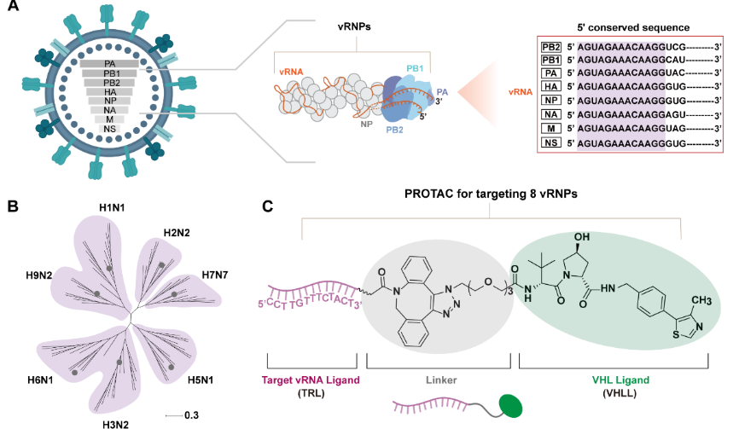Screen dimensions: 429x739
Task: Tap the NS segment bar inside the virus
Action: pyautogui.click(x=110, y=129)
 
